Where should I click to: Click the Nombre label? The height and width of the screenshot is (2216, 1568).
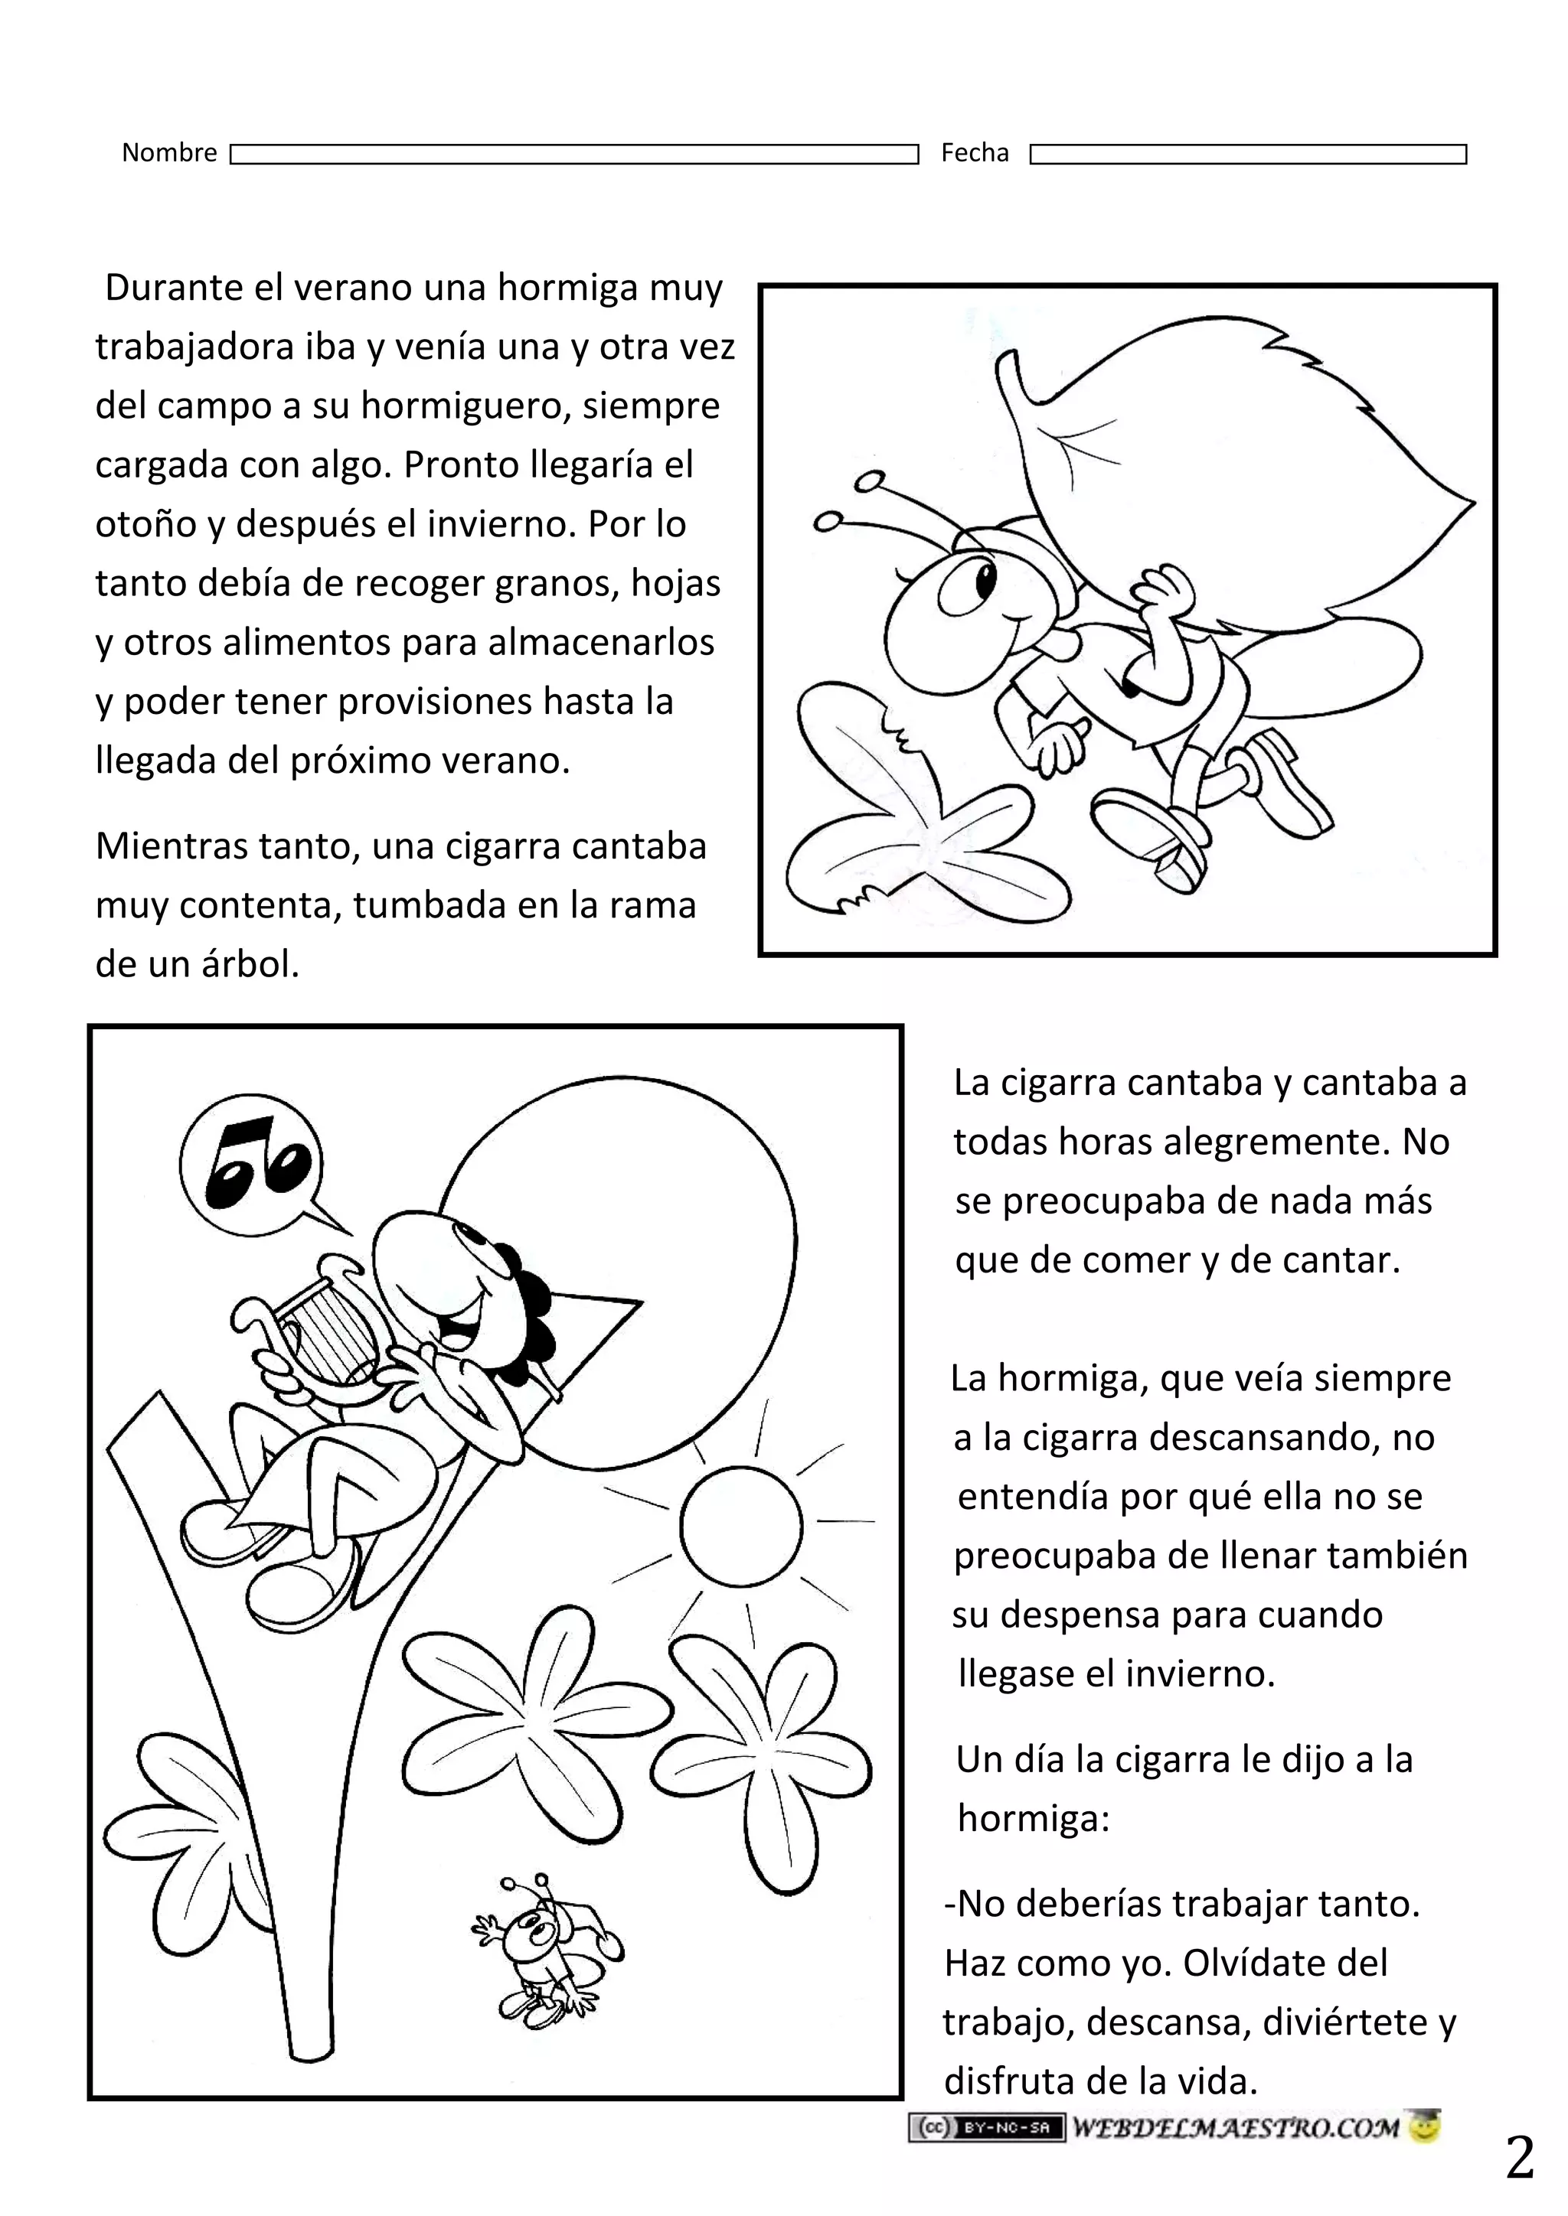click(169, 152)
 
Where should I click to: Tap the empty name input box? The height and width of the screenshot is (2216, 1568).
click(573, 155)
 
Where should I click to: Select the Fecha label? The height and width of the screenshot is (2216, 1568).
click(974, 152)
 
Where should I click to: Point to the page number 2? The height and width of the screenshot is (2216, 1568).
click(1519, 2159)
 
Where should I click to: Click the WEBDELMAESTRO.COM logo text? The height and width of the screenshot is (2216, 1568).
click(1235, 2127)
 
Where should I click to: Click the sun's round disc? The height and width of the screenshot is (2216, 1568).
click(740, 1525)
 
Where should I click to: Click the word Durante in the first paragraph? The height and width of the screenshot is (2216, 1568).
click(174, 288)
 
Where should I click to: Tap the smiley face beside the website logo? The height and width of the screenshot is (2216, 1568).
click(1424, 2127)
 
